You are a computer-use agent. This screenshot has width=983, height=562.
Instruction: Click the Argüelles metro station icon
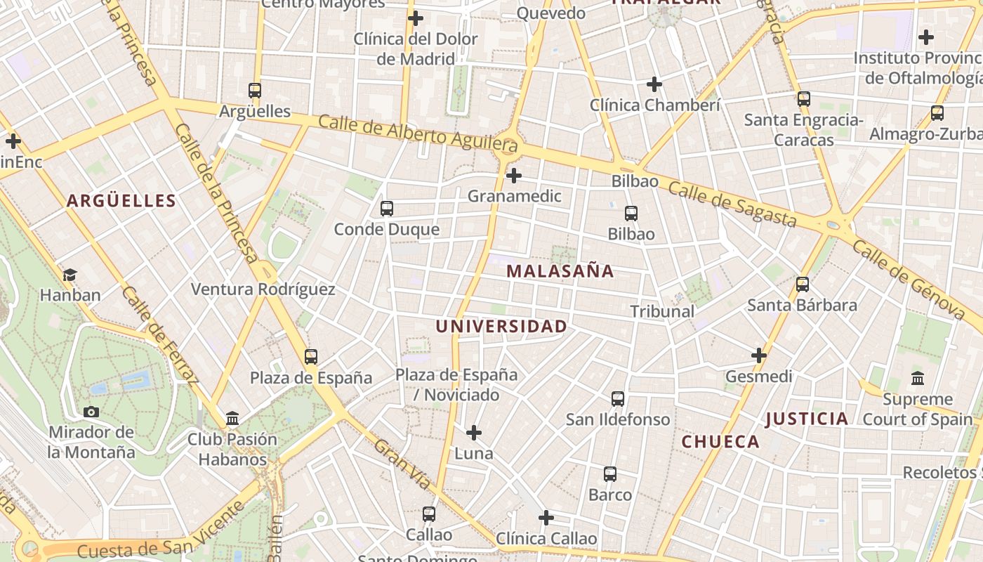tap(255, 90)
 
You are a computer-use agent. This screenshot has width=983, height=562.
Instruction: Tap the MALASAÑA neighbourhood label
tap(560, 271)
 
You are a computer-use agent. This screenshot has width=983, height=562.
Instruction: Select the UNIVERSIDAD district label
tap(501, 326)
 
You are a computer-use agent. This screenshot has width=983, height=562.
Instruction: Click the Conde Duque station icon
tap(386, 208)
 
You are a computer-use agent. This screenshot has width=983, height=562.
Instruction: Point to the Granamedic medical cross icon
tap(514, 175)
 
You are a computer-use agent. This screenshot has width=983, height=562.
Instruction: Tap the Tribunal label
tap(661, 311)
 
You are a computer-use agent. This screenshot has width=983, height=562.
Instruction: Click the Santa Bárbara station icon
tap(802, 285)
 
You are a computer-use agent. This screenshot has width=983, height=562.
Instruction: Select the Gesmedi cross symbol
tap(759, 355)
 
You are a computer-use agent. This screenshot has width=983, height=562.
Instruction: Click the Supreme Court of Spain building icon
tap(917, 379)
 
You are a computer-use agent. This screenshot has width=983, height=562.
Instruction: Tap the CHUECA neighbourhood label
tap(720, 442)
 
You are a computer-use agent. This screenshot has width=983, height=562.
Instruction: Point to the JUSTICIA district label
tap(807, 419)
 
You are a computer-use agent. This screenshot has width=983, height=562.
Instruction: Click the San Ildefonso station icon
tap(618, 399)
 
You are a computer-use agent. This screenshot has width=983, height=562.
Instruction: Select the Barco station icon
tap(610, 474)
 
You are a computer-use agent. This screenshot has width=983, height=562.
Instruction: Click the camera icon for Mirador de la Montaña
tap(91, 412)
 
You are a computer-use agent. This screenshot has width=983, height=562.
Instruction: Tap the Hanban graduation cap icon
tap(70, 275)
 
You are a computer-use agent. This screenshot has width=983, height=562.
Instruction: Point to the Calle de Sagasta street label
tap(732, 204)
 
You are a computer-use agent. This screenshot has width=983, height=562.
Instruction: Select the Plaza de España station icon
tap(311, 357)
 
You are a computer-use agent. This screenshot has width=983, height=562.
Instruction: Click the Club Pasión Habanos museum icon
tap(232, 419)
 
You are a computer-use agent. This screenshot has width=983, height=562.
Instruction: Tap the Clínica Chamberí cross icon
tap(654, 84)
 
